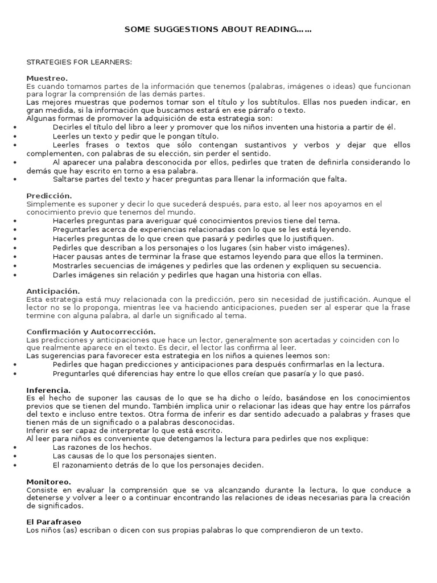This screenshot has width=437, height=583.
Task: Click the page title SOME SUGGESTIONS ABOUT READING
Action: (x=218, y=30)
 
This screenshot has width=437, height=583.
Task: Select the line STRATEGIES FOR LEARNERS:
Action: (x=79, y=61)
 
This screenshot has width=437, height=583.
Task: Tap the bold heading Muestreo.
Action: (x=47, y=78)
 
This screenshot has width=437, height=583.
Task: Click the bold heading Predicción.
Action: (x=50, y=196)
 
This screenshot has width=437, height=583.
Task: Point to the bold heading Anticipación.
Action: (x=53, y=291)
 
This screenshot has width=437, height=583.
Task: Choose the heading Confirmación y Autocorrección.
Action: (x=91, y=332)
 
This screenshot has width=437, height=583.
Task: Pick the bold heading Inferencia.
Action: (x=49, y=390)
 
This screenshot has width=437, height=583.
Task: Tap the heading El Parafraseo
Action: (x=54, y=522)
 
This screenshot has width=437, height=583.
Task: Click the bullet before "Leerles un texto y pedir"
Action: (x=14, y=137)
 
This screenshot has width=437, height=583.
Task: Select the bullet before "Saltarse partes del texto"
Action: (x=14, y=179)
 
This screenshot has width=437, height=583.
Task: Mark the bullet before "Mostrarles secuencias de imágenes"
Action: (x=14, y=266)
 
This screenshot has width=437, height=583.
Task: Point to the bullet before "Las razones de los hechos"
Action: (x=14, y=448)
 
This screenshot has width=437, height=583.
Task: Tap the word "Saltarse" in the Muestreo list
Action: (x=68, y=179)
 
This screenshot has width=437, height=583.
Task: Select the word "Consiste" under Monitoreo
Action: (x=42, y=490)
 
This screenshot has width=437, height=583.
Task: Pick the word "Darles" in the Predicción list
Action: (x=64, y=275)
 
